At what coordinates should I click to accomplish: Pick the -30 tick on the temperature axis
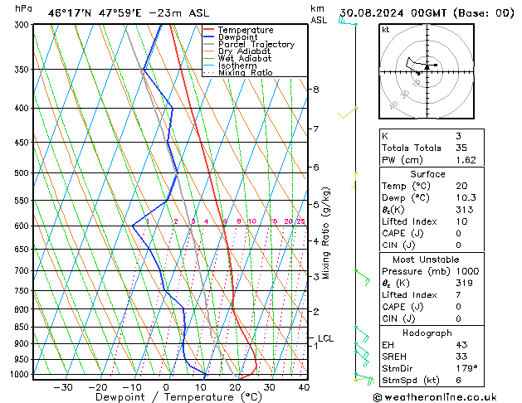pyautogui.click(x=62, y=386)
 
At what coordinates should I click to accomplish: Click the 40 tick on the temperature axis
pyautogui.click(x=304, y=386)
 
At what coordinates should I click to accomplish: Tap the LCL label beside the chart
pyautogui.click(x=325, y=338)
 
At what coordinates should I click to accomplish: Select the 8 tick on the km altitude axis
pyautogui.click(x=315, y=89)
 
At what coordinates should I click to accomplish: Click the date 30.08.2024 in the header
pyautogui.click(x=381, y=12)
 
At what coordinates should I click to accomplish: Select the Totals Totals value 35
pyautogui.click(x=461, y=147)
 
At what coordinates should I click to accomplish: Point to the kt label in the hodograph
pyautogui.click(x=386, y=29)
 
